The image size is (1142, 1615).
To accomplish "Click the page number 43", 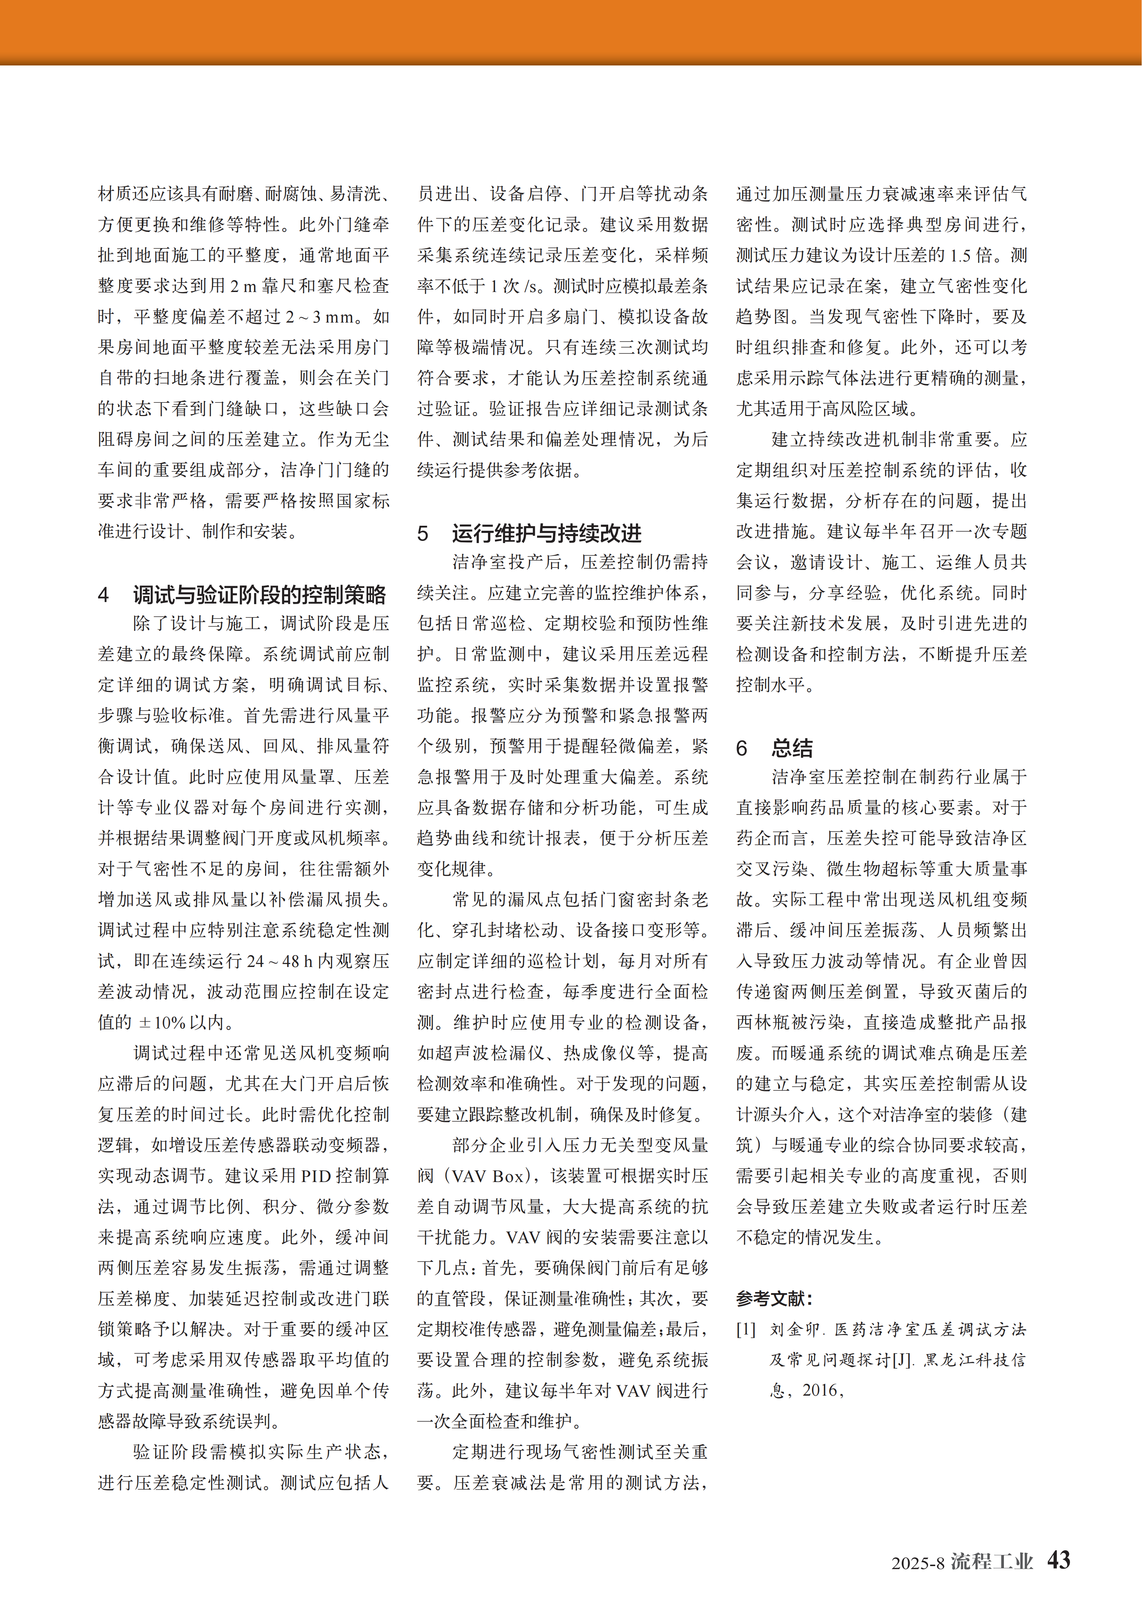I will coord(1058,1559).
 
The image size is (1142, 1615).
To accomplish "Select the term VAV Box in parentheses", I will coord(490,1176).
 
